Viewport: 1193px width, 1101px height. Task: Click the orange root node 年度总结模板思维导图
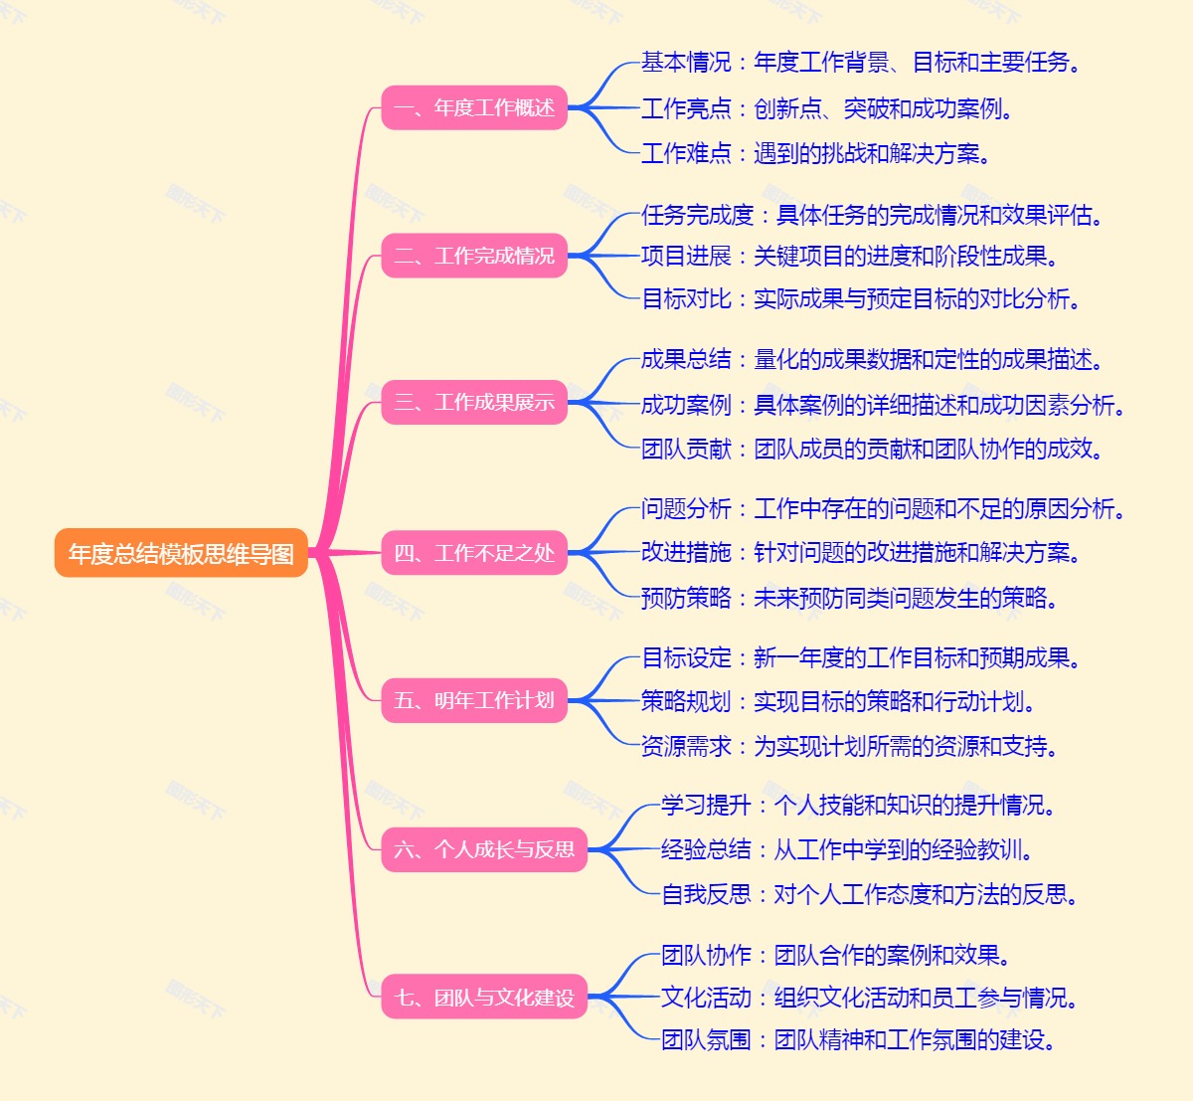tap(181, 553)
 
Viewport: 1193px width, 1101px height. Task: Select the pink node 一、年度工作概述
tap(474, 107)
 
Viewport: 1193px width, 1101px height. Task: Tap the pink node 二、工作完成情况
tap(474, 256)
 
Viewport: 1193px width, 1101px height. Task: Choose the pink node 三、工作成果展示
tap(474, 402)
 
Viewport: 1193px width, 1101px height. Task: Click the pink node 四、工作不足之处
tap(474, 553)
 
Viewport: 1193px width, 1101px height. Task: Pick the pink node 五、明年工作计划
tap(474, 700)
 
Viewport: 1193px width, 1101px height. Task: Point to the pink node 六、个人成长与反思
tap(484, 849)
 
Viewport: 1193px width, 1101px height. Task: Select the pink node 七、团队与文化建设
tap(484, 997)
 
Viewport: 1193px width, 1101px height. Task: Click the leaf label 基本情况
tap(686, 63)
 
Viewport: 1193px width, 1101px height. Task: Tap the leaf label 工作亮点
tap(686, 108)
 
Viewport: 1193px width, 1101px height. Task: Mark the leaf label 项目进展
tap(686, 257)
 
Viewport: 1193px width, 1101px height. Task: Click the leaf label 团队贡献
tap(686, 450)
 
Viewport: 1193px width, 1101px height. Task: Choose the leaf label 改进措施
tap(686, 553)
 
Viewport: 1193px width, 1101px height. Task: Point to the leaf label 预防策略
tap(686, 598)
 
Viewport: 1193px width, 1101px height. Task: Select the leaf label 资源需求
tap(686, 746)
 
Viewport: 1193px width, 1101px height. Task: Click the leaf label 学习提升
tap(706, 805)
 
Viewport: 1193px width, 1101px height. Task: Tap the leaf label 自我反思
tap(706, 894)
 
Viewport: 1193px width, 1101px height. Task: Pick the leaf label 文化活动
tap(706, 998)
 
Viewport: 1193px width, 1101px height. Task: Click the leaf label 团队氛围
tap(706, 1040)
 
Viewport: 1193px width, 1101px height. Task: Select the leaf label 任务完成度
tap(697, 215)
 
